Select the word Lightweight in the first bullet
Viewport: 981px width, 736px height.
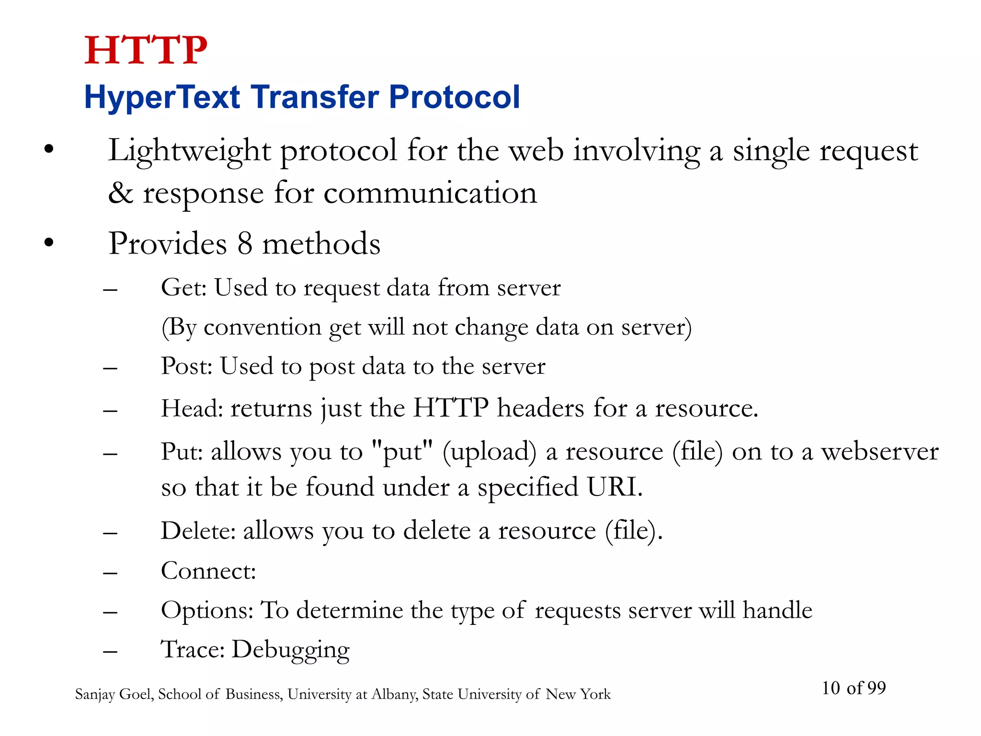190,151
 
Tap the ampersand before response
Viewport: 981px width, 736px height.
120,193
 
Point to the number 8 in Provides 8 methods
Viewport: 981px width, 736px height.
245,243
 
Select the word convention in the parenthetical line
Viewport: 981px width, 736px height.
262,327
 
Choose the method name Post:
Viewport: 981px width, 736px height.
187,367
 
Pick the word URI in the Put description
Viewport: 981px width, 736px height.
614,487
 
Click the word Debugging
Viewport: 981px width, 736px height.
291,650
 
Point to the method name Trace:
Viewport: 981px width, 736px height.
193,650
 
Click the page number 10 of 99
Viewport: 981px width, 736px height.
854,688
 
